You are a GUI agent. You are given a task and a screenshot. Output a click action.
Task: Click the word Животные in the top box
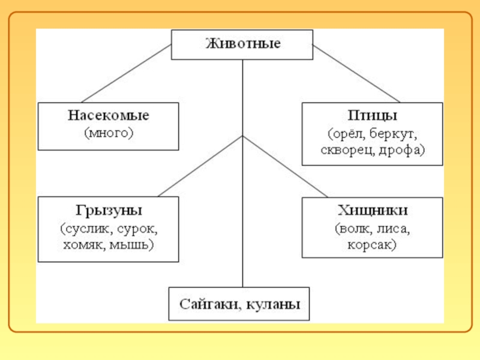click(x=242, y=44)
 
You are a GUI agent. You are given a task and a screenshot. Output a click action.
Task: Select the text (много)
click(x=109, y=132)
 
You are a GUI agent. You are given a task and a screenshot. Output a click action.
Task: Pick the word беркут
click(x=393, y=132)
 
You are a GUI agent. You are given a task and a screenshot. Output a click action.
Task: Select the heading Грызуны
click(x=109, y=211)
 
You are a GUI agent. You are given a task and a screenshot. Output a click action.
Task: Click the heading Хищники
click(x=372, y=211)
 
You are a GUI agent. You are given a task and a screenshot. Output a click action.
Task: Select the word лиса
click(x=394, y=229)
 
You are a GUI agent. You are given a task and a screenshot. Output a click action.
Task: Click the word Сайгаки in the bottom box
click(x=210, y=304)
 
